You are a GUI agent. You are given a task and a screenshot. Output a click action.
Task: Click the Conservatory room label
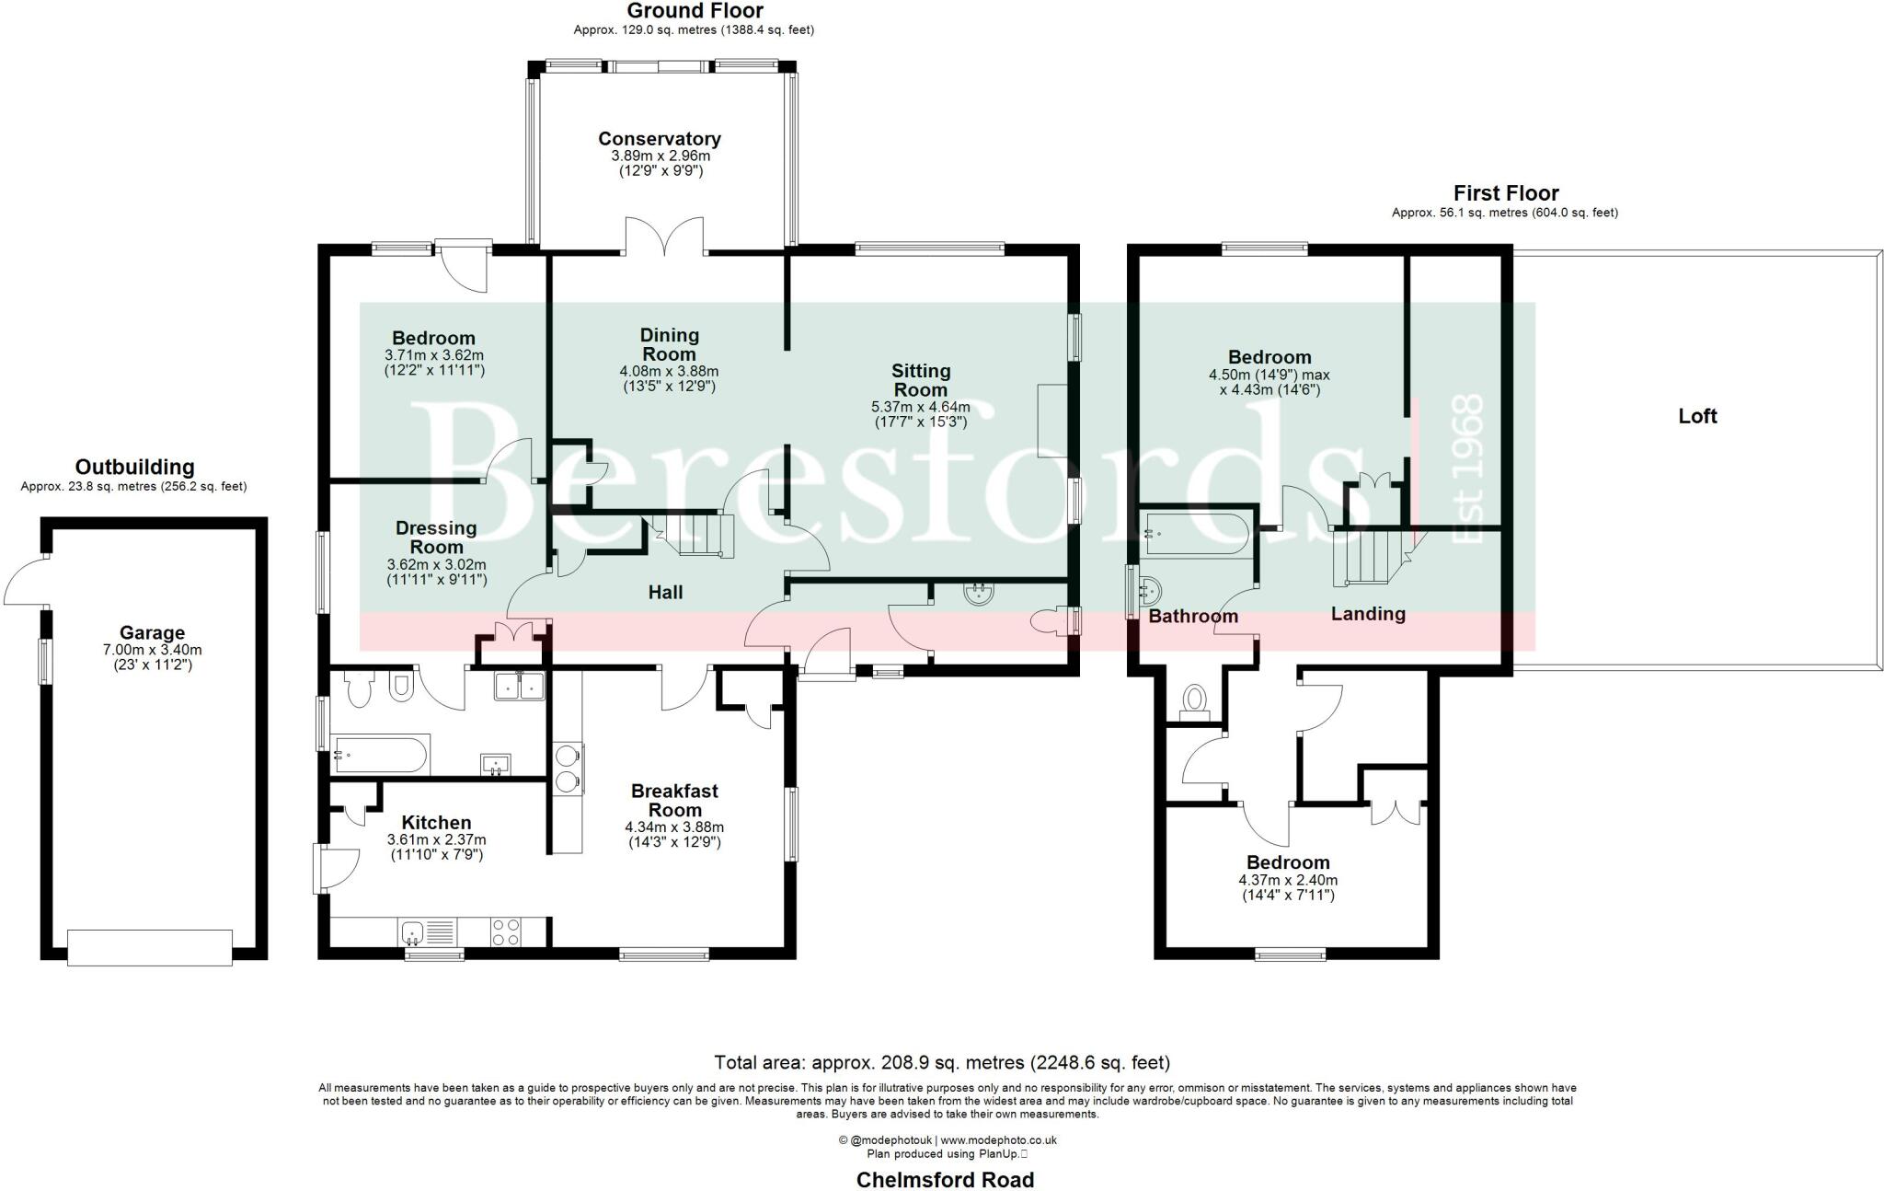[x=659, y=139]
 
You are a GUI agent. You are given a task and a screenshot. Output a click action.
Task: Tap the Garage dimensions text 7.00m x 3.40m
[x=152, y=650]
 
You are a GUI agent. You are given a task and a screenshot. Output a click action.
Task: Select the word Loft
[x=1697, y=416]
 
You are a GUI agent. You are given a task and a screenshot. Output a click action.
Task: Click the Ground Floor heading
[x=695, y=11]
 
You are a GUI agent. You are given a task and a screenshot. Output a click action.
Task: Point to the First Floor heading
[x=1505, y=193]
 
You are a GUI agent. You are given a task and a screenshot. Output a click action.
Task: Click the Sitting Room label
[x=920, y=379]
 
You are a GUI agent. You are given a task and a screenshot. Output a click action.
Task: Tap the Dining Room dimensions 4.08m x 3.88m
[x=669, y=372]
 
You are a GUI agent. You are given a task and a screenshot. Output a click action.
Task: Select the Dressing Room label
[x=436, y=538]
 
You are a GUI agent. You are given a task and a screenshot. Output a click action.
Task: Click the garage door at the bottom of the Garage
[x=150, y=947]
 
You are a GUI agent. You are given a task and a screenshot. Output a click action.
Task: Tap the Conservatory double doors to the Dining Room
[x=665, y=237]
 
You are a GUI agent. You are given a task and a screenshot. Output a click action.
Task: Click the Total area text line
[x=942, y=1063]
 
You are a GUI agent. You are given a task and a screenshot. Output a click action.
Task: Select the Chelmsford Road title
[x=945, y=1179]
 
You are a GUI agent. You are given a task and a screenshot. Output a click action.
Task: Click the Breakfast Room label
[x=674, y=801]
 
